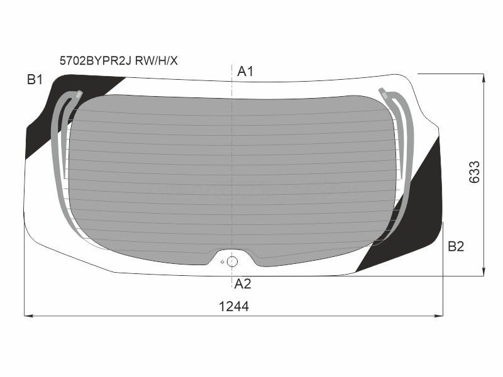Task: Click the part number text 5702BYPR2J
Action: (96, 60)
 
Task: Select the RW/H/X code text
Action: (156, 60)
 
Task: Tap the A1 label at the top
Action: (245, 71)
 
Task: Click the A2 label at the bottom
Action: (243, 284)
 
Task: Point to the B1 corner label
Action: (35, 79)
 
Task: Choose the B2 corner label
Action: (456, 246)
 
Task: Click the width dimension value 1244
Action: (234, 307)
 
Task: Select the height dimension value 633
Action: (475, 172)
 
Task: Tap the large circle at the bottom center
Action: (232, 261)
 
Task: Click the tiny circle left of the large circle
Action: (223, 262)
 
